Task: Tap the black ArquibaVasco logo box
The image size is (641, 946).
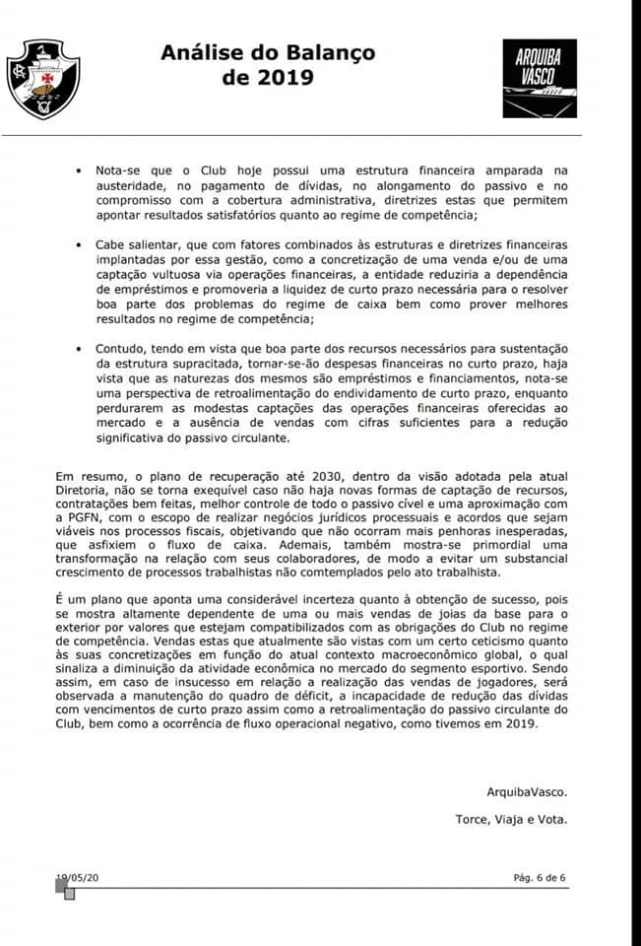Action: click(x=540, y=78)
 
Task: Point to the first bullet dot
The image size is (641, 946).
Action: click(x=79, y=170)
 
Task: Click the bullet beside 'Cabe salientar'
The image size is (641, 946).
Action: click(x=79, y=244)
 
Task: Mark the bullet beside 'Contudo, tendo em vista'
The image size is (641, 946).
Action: click(x=79, y=349)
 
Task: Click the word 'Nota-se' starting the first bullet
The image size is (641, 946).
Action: click(x=119, y=170)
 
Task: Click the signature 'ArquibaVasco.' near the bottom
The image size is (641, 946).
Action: click(x=527, y=791)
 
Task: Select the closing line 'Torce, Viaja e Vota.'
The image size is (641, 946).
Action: click(x=512, y=819)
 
